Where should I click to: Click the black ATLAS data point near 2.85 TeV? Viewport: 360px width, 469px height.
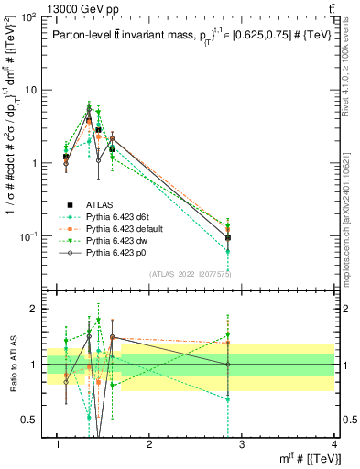(x=228, y=237)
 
